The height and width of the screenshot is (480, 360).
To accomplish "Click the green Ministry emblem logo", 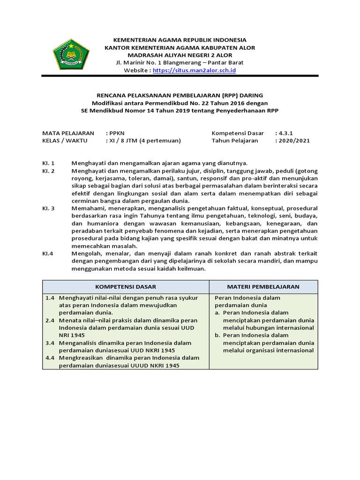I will click(x=71, y=54).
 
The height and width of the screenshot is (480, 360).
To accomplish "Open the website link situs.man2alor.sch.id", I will click(x=194, y=70).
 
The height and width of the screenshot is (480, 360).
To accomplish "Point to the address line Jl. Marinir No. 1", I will click(x=180, y=63).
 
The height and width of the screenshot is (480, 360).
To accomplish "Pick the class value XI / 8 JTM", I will click(x=143, y=141).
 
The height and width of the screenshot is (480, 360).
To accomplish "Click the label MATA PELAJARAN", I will click(x=68, y=133).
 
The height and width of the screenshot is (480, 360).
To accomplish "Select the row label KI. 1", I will click(x=49, y=163).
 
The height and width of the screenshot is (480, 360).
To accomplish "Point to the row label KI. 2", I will click(x=49, y=171).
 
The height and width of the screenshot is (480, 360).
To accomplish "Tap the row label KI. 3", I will click(x=49, y=209).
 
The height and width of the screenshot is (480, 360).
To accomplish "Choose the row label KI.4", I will click(x=48, y=254).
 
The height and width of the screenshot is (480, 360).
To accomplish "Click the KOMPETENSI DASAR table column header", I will click(x=126, y=286).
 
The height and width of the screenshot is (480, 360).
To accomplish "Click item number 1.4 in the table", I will click(x=50, y=298).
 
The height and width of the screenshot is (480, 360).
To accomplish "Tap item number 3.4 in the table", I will click(x=50, y=343).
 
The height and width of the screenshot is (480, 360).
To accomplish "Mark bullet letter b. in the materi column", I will click(x=217, y=336).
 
